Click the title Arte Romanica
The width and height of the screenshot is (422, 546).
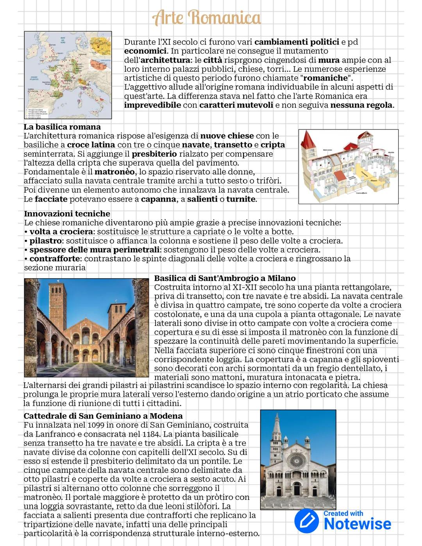(207, 18)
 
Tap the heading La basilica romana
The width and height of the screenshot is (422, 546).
(62, 127)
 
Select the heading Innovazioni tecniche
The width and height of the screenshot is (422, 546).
(67, 214)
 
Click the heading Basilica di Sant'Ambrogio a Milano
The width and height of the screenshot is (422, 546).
(225, 278)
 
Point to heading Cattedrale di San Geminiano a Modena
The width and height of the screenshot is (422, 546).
(103, 416)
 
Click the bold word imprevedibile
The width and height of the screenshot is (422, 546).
(152, 105)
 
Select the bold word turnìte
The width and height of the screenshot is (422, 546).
(241, 199)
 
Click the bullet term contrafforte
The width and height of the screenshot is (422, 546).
(55, 259)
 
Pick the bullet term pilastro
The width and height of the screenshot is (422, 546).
(45, 241)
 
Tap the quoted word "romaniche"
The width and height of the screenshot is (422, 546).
(325, 78)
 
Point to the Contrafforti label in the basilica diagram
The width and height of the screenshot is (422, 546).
(361, 193)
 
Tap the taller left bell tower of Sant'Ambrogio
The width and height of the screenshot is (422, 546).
(57, 301)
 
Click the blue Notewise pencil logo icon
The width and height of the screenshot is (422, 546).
(307, 521)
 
